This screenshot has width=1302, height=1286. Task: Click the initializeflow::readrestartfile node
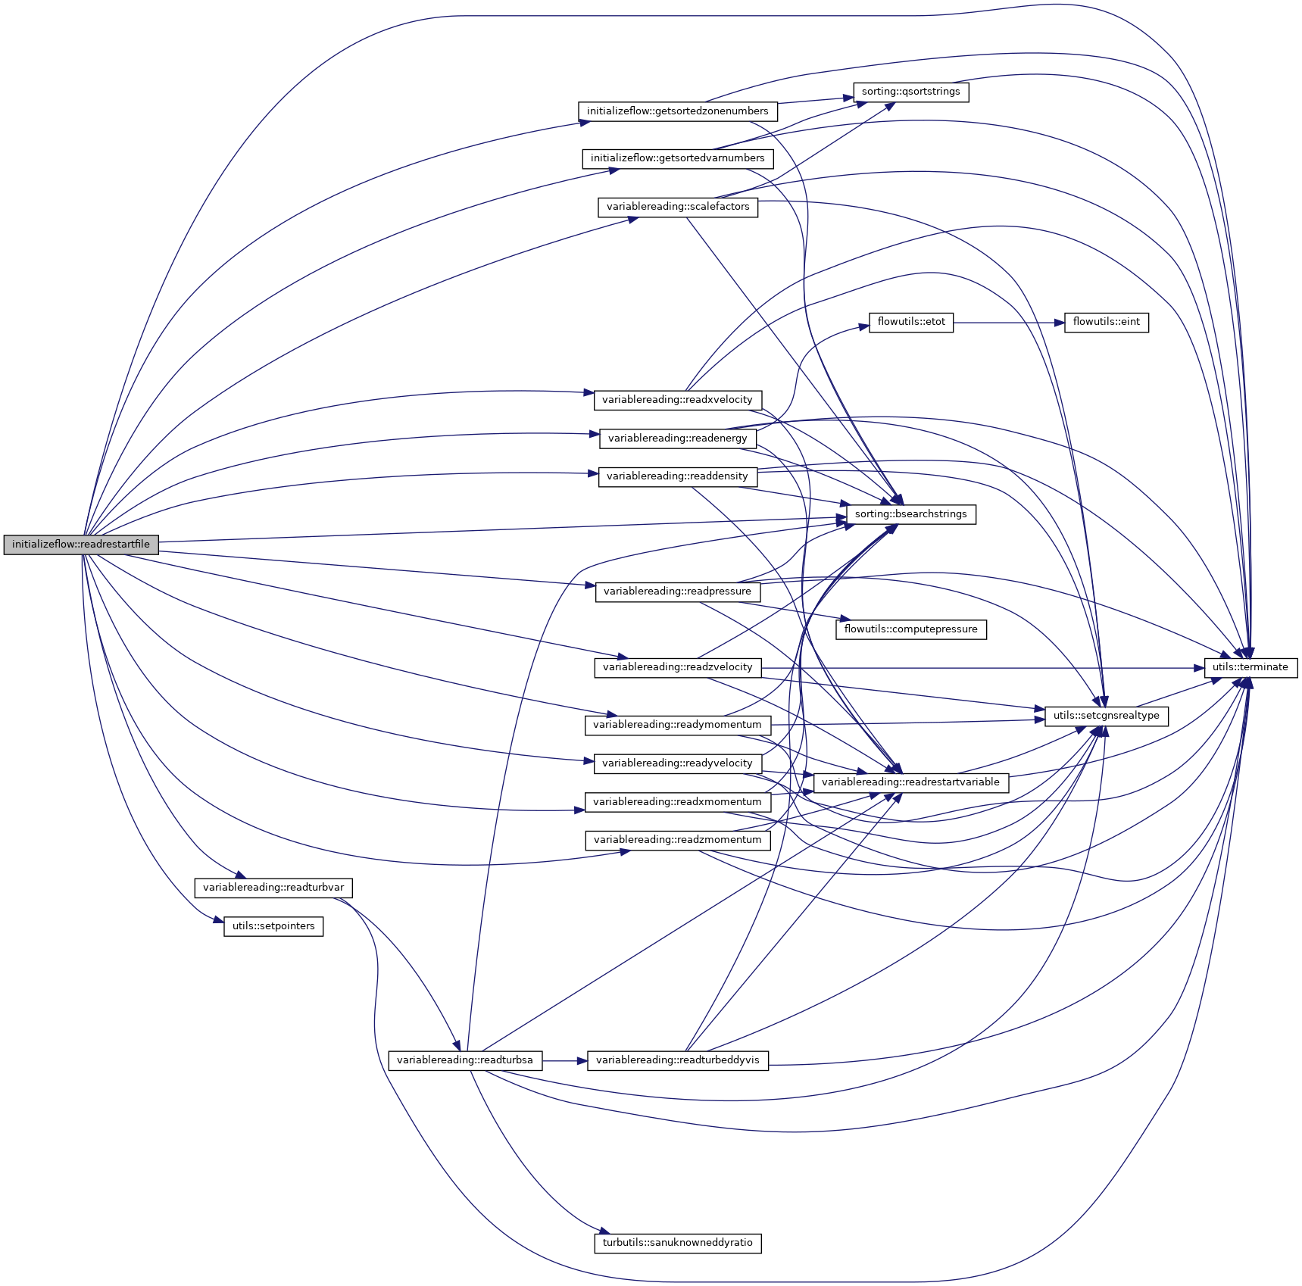coord(81,545)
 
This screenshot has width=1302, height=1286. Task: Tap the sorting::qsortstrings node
coord(910,92)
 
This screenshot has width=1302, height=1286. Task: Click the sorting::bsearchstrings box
coord(910,514)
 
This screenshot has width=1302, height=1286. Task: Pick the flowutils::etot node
coord(910,322)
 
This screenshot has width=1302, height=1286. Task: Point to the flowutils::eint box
coord(1106,322)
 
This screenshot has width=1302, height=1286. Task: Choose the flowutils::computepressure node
coord(910,629)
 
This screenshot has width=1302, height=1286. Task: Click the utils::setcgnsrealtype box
coord(1106,716)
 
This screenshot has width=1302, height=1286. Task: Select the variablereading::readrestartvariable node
coord(910,782)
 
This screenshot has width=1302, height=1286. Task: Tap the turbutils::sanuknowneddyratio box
coord(677,1243)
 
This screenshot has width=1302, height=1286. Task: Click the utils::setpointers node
coord(273,926)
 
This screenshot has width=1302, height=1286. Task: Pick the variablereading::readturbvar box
coord(273,888)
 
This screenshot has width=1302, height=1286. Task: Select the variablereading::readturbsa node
coord(465,1060)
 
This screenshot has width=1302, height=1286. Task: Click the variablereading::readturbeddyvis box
coord(677,1060)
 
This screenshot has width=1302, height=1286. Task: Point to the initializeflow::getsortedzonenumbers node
coord(677,111)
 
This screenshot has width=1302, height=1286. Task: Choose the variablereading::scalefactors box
coord(677,207)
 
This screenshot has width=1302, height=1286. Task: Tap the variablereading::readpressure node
coord(677,591)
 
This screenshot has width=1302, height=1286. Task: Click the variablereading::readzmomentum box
coord(677,840)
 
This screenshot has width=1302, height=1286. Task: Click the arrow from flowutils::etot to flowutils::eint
coord(1007,323)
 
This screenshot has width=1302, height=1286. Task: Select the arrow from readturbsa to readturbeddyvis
coord(565,1061)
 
